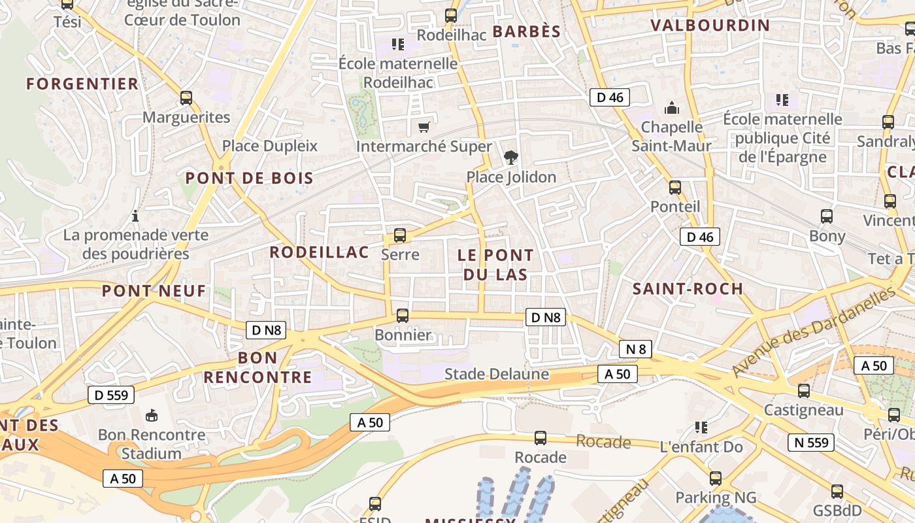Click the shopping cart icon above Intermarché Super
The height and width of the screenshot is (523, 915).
click(424, 127)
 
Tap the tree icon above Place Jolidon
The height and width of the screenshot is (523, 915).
click(511, 157)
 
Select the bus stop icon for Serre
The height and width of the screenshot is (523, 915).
click(400, 235)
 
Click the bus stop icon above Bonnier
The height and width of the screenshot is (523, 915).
click(403, 316)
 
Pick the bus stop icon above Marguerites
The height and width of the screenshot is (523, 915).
click(186, 98)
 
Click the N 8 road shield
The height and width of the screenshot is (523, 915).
click(635, 349)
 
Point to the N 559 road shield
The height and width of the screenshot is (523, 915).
click(811, 443)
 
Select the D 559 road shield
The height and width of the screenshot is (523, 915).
click(111, 395)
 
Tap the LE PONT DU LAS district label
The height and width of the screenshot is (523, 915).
click(495, 265)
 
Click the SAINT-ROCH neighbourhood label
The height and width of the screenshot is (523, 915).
click(688, 288)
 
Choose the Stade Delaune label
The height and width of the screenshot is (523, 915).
click(497, 374)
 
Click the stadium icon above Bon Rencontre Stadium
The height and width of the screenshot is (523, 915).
click(152, 415)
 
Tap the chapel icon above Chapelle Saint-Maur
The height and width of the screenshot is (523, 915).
click(671, 108)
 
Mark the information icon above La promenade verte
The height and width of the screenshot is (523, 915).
click(135, 216)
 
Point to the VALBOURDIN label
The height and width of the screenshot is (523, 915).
click(710, 25)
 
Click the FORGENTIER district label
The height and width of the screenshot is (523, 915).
click(82, 84)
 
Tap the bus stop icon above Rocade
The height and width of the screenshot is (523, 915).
click(541, 438)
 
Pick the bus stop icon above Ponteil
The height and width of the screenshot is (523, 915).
click(675, 188)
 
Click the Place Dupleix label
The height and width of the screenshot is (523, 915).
click(269, 146)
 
